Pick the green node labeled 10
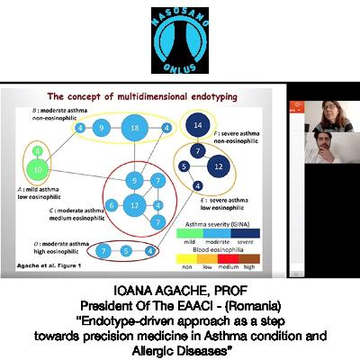pyautogui.click(x=37, y=166)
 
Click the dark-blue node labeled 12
pyautogui.click(x=217, y=166)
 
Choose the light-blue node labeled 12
pyautogui.click(x=134, y=206)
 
